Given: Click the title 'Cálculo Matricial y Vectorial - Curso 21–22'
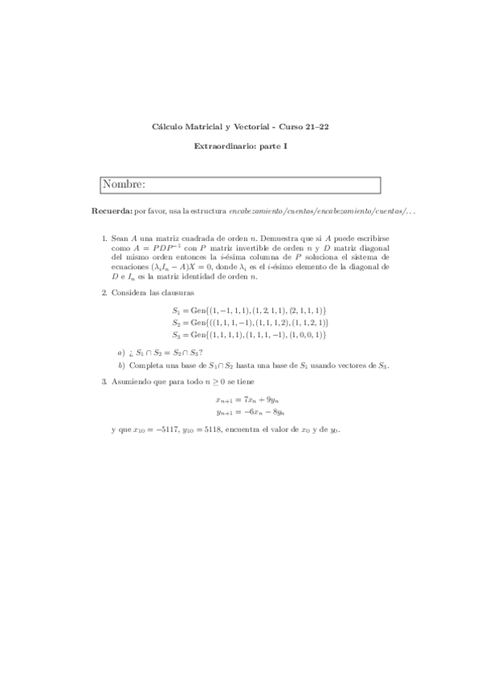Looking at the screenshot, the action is (240, 127).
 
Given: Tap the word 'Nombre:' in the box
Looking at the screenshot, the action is (124, 186).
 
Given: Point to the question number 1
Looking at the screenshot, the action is (104, 239).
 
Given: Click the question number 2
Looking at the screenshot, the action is (104, 293).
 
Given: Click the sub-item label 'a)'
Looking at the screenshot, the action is (121, 352).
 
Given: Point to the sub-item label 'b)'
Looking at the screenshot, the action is (121, 365).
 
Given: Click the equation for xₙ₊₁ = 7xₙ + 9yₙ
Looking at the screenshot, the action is (247, 399).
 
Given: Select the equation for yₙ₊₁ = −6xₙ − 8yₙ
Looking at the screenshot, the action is (247, 412).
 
